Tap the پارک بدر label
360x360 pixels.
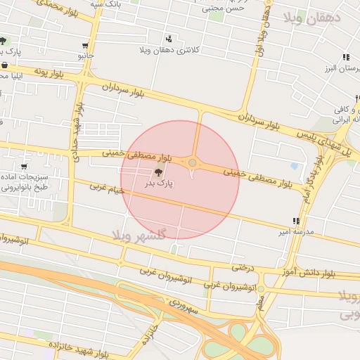tap(159, 184)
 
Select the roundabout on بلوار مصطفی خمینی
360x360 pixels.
tap(193, 163)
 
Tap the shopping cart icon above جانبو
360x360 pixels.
tap(85, 45)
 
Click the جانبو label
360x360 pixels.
tap(85, 54)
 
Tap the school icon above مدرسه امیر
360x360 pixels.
tap(296, 221)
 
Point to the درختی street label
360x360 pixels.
tap(242, 266)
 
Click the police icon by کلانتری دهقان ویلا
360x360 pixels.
tap(168, 39)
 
